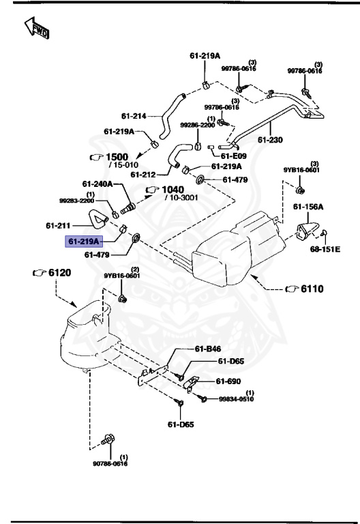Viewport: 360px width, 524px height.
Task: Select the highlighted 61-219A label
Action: [83, 241]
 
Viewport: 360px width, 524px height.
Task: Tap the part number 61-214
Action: [134, 115]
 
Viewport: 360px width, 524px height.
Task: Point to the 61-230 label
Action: [270, 141]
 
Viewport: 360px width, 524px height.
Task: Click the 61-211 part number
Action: [60, 225]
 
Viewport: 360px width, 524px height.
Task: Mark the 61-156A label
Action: [308, 206]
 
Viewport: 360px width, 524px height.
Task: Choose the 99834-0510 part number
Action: [236, 399]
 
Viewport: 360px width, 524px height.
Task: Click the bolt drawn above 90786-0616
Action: [106, 440]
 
